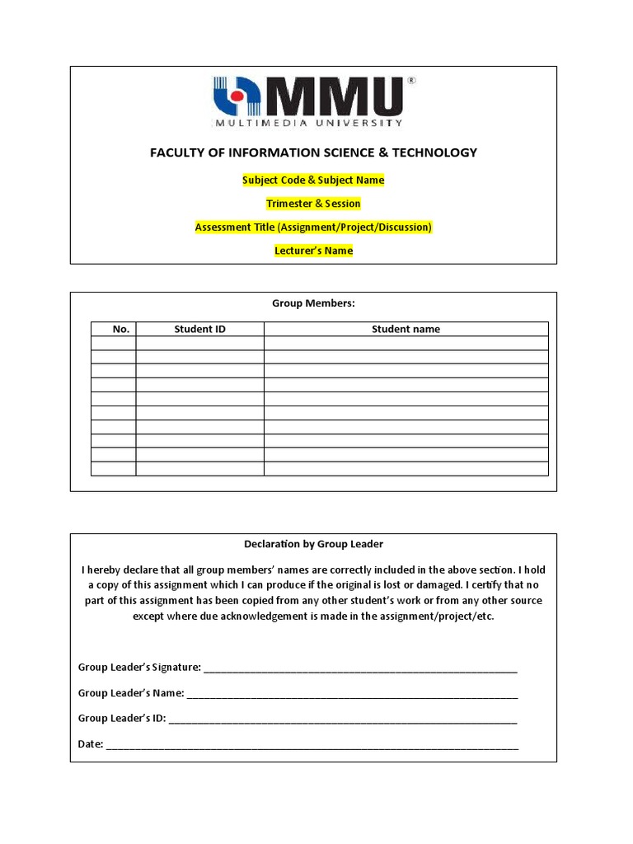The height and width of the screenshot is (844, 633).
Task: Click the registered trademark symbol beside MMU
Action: tap(411, 81)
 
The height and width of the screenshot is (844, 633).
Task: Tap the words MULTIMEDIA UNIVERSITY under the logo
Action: tap(308, 123)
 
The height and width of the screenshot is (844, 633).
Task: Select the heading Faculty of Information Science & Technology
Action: tap(313, 152)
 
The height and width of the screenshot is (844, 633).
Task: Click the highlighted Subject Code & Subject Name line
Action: tap(313, 180)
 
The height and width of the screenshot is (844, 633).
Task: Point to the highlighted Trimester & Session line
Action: tap(313, 204)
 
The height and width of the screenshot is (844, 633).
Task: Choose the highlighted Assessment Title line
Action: tap(313, 227)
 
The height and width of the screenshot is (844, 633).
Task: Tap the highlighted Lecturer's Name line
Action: tap(313, 251)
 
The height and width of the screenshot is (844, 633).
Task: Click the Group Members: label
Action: tap(313, 303)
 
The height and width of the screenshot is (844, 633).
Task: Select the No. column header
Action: tap(121, 329)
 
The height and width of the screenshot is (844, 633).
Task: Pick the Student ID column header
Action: tap(199, 329)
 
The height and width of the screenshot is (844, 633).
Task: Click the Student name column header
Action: tap(406, 329)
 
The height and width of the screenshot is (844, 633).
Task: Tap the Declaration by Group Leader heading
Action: tap(313, 544)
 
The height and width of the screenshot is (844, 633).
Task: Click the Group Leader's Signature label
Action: tap(139, 667)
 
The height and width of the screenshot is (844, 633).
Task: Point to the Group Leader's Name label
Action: tap(131, 693)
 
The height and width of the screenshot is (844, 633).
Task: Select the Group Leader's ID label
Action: tap(122, 718)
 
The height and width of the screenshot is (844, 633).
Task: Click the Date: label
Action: tap(91, 744)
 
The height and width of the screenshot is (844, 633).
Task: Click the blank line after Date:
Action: tap(312, 746)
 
